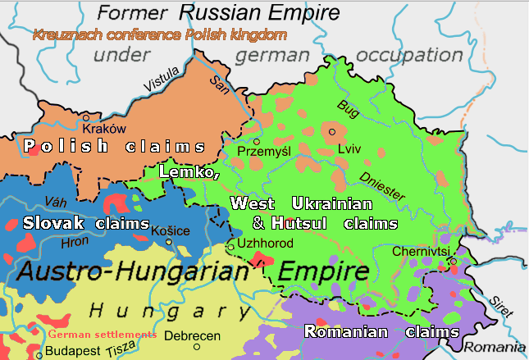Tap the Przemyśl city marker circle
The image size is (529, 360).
tap(256, 142)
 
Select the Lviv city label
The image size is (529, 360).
tap(349, 149)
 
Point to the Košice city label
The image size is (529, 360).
tap(171, 231)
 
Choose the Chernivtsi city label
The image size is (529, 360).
tap(419, 251)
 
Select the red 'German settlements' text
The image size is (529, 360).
tap(102, 335)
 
